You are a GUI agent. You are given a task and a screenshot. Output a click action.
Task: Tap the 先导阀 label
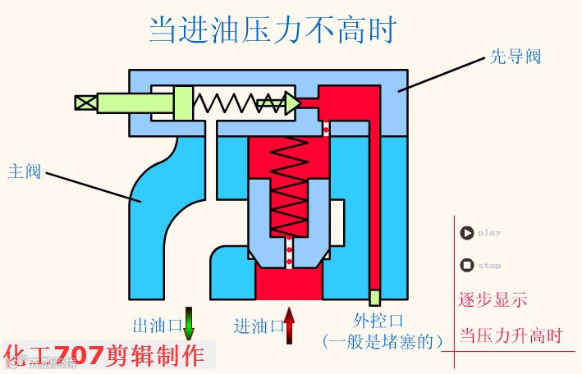coord(515,57)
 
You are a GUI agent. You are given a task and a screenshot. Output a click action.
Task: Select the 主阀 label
coord(24,172)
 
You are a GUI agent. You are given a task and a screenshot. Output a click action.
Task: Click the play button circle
coord(467,233)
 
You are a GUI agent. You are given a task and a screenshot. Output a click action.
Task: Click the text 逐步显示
coord(492,299)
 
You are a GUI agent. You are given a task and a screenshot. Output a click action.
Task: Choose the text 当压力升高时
coord(510,335)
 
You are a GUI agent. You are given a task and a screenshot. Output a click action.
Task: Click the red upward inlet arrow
coord(289,325)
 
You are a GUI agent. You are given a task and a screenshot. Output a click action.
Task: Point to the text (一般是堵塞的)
coord(383,340)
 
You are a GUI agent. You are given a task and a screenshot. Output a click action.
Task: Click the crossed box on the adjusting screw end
coord(85,103)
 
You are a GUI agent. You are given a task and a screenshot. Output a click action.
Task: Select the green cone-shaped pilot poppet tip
coord(292,103)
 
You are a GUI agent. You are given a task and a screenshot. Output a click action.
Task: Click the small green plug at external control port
coord(374,297)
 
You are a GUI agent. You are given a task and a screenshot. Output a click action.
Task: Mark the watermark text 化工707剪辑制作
coord(104,355)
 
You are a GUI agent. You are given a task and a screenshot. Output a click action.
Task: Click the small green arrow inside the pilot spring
coord(268,103)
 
